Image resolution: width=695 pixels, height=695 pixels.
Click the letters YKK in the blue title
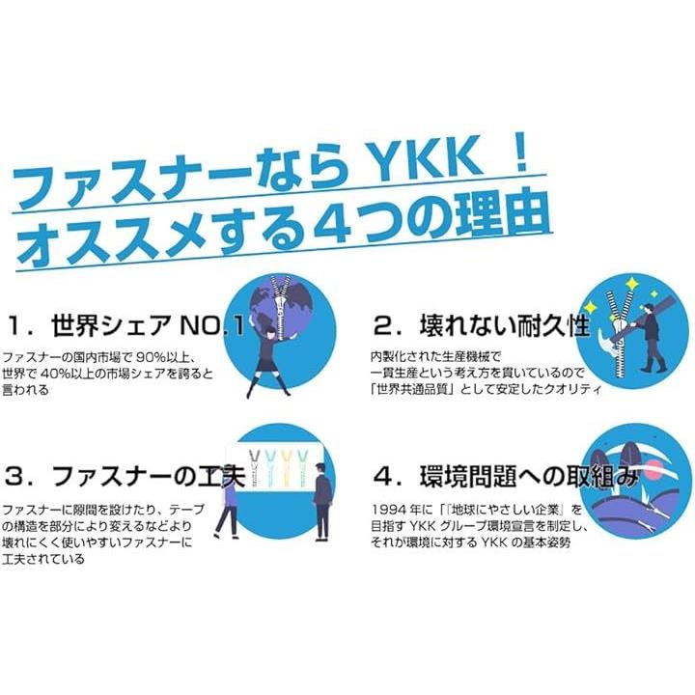(424, 163)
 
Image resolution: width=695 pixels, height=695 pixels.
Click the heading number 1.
(18, 326)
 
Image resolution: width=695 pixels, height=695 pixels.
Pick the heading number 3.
(18, 476)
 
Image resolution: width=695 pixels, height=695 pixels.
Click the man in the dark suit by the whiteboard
(322, 501)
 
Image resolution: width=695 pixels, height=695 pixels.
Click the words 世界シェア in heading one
(111, 326)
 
